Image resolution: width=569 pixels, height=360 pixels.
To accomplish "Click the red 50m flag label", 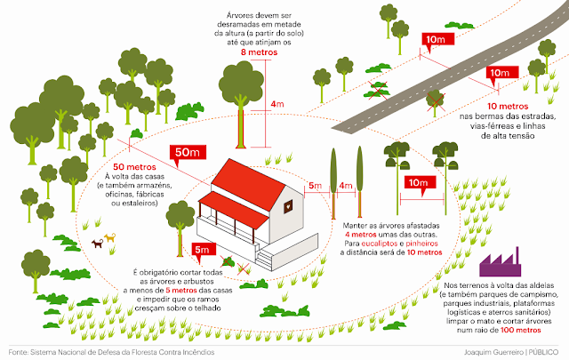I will pyautogui.click(x=186, y=153).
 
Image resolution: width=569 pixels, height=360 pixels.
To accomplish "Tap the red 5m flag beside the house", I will pyautogui.click(x=202, y=248).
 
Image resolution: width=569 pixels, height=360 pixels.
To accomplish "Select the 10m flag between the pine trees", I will pyautogui.click(x=416, y=184).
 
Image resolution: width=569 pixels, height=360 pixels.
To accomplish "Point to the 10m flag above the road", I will pyautogui.click(x=437, y=41).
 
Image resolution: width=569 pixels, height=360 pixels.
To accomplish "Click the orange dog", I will pyautogui.click(x=111, y=237).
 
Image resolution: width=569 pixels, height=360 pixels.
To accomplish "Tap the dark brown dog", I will pyautogui.click(x=95, y=244).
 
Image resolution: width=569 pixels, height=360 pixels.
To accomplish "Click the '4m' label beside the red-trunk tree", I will pyautogui.click(x=277, y=104).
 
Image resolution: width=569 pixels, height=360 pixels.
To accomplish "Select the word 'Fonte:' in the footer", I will pyautogui.click(x=19, y=351).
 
